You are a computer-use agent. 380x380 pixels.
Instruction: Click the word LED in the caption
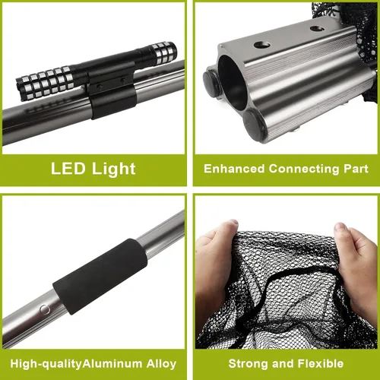(x=68, y=169)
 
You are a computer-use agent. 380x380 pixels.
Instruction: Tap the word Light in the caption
(x=114, y=169)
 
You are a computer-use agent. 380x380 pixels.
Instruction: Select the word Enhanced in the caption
(x=234, y=169)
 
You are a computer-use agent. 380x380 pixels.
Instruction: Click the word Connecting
(x=304, y=169)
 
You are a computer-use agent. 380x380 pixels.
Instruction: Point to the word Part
(x=356, y=169)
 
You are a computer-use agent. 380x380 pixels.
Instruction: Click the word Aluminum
(x=112, y=364)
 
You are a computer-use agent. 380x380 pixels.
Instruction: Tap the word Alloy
(x=161, y=364)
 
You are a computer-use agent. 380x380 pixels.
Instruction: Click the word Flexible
(x=321, y=364)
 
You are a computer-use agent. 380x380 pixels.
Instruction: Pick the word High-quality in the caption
(x=46, y=364)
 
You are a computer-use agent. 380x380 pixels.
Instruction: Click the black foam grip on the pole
(x=100, y=277)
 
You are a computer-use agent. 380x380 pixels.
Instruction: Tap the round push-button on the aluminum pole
(x=45, y=309)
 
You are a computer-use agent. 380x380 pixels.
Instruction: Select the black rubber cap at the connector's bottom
(x=254, y=125)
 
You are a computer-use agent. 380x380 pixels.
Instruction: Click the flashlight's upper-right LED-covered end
(x=163, y=52)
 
